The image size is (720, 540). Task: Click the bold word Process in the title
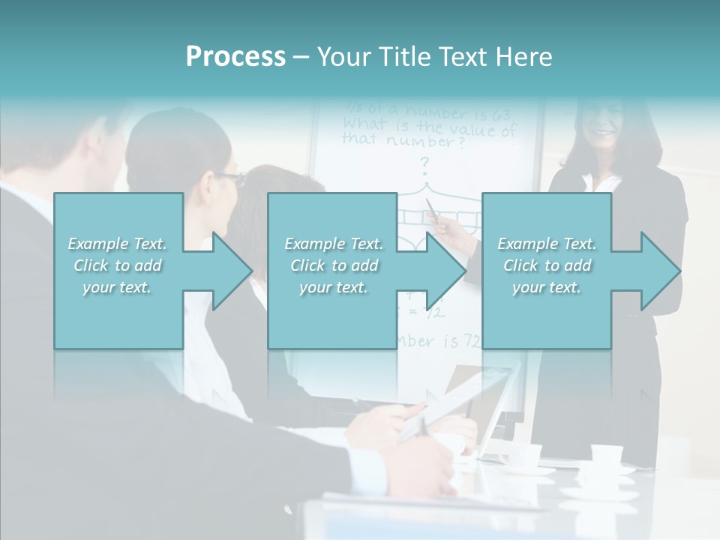(x=235, y=56)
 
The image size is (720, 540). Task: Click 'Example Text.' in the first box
(x=117, y=244)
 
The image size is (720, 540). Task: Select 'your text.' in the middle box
(x=334, y=287)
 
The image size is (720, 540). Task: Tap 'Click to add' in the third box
(x=547, y=265)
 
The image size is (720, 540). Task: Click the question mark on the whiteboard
(x=424, y=163)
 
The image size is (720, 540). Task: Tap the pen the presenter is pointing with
(x=433, y=212)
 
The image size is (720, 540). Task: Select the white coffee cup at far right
(x=606, y=455)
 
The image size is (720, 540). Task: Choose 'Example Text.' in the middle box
(x=334, y=244)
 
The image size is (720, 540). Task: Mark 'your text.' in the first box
(x=117, y=287)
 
